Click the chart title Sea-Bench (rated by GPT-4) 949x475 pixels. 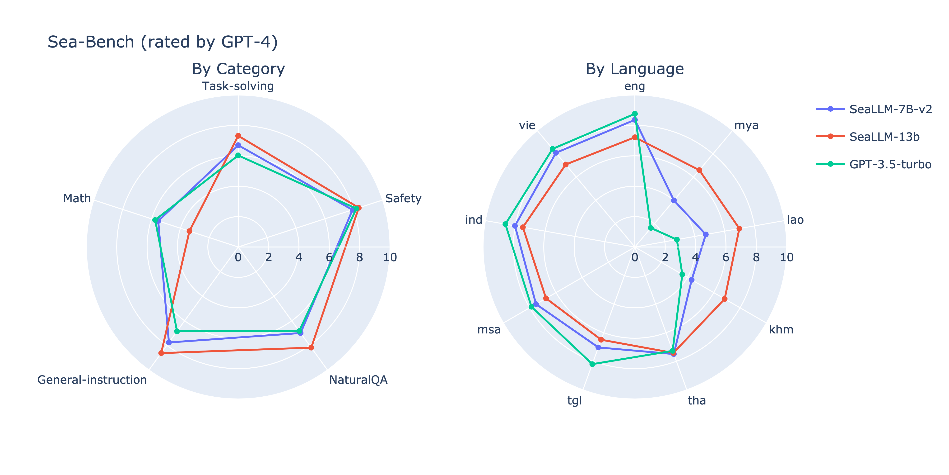(163, 42)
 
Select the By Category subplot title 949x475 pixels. (238, 69)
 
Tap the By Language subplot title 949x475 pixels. (634, 69)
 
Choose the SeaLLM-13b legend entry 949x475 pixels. (884, 137)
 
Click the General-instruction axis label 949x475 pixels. (92, 380)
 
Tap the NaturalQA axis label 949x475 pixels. (358, 380)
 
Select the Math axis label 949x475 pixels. (77, 198)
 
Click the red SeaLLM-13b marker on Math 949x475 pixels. (189, 231)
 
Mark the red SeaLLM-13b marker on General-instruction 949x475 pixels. (161, 353)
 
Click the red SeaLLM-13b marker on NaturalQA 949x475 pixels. (311, 347)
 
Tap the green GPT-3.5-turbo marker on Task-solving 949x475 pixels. (238, 156)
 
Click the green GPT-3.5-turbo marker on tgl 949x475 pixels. (592, 364)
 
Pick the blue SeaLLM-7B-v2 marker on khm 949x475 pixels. (692, 280)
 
